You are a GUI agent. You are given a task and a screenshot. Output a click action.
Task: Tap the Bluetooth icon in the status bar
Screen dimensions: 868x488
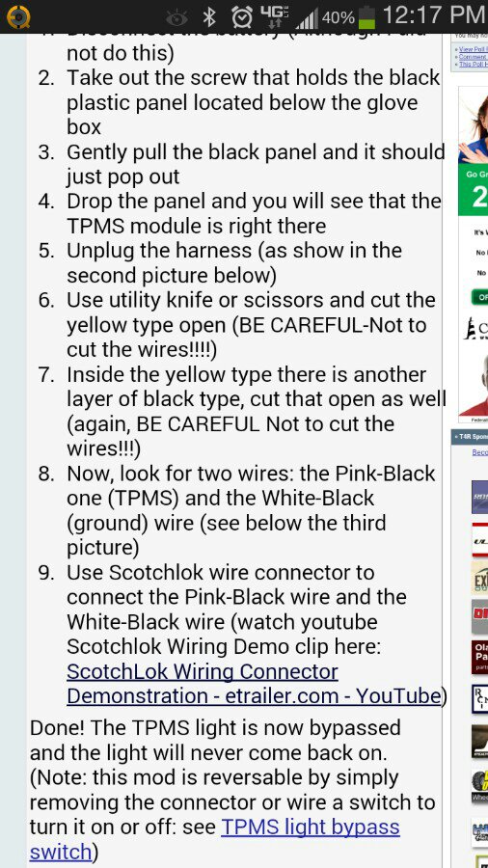pyautogui.click(x=208, y=16)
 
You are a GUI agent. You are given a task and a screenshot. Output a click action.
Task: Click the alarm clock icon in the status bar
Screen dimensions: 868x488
pyautogui.click(x=242, y=16)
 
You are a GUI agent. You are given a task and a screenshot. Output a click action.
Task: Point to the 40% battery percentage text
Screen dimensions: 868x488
pyautogui.click(x=338, y=17)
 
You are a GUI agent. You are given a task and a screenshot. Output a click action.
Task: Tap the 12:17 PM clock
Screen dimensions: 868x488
pyautogui.click(x=433, y=15)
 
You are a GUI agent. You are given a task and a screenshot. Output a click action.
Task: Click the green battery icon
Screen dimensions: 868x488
pyautogui.click(x=367, y=16)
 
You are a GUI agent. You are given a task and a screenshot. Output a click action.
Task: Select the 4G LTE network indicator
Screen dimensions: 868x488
pyautogui.click(x=275, y=16)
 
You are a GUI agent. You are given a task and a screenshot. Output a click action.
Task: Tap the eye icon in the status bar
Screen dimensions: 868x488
pyautogui.click(x=176, y=17)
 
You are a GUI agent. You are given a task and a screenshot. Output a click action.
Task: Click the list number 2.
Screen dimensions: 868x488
pyautogui.click(x=46, y=77)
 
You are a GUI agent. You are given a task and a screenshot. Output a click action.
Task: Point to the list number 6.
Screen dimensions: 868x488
pyautogui.click(x=46, y=300)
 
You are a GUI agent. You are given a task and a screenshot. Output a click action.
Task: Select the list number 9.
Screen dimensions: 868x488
pyautogui.click(x=46, y=573)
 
